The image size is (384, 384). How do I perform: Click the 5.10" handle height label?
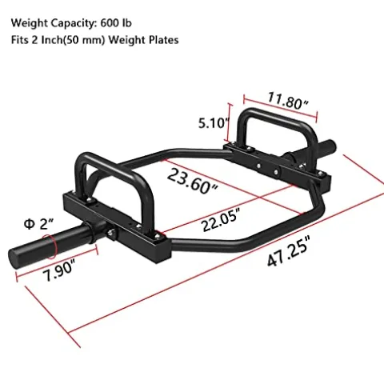coord(214,124)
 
